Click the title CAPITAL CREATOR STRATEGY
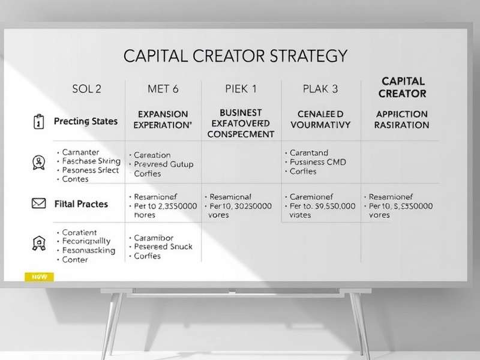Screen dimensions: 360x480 [x=235, y=56]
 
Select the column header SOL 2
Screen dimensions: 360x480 [x=86, y=89]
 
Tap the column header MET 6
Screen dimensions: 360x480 [x=163, y=89]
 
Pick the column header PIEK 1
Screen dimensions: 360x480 [x=241, y=89]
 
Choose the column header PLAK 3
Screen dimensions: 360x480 [x=321, y=89]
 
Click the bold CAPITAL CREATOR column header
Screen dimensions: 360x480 [x=403, y=87]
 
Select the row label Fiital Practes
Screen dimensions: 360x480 [x=80, y=204]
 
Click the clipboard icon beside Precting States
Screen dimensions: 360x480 [x=37, y=122]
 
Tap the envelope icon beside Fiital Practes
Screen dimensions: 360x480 [x=38, y=204]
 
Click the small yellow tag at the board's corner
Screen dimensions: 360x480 [x=39, y=277]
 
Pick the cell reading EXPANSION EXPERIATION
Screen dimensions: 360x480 [x=163, y=119]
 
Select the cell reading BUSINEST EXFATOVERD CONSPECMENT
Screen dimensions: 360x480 [x=241, y=123]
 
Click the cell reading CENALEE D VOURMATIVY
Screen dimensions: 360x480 [x=321, y=119]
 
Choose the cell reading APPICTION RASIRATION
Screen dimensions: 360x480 [x=401, y=119]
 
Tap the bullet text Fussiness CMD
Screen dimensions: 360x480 [x=318, y=162]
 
